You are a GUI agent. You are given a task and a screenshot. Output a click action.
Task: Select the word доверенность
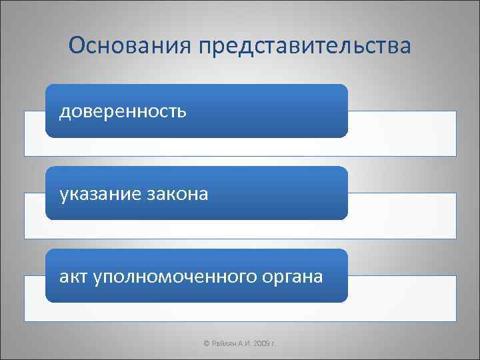pos(123,111)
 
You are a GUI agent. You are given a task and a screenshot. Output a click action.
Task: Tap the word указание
pos(99,194)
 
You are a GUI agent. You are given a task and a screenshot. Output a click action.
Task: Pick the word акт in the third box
pos(71,276)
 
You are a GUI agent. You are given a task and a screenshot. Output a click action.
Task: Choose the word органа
pos(291,276)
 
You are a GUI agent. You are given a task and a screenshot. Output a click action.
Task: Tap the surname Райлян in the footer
pos(223,343)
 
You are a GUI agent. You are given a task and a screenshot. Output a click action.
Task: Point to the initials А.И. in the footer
pos(242,343)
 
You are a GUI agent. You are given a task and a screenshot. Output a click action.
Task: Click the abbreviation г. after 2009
pos(274,343)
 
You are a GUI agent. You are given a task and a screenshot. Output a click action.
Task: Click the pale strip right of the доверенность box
pos(402,133)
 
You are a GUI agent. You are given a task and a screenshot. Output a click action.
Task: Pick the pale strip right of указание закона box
pos(402,215)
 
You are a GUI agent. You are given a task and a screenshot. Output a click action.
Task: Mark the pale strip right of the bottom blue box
pos(402,298)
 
